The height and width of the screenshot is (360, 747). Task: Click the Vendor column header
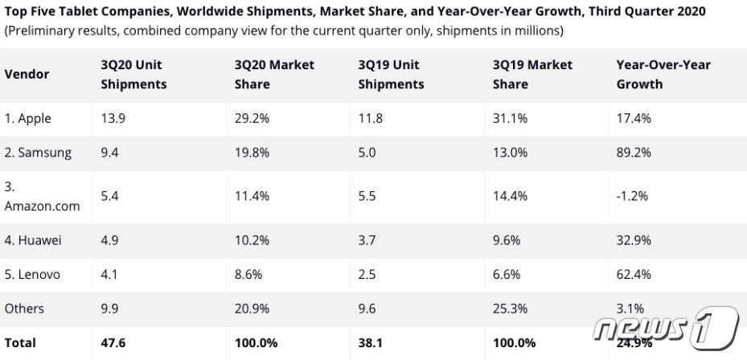27,74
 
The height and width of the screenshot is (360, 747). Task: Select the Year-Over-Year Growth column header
663,74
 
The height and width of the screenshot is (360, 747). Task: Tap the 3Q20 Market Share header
274,74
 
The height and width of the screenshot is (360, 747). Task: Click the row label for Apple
27,119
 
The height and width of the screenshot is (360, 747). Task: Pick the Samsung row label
38,153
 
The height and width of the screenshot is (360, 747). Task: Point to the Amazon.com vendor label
42,196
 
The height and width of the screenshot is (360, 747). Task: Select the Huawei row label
33,240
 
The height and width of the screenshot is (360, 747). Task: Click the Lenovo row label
32,274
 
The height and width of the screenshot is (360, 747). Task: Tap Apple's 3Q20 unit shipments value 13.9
113,119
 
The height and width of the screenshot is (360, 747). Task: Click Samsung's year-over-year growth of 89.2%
634,153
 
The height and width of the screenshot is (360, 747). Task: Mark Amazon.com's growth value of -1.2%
633,196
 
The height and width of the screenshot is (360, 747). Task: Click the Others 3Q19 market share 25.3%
511,309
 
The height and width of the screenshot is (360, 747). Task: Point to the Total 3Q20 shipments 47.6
113,343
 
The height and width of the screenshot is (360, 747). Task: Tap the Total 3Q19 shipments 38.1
371,343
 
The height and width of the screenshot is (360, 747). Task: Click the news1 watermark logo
666,329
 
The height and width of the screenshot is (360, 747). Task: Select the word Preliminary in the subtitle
38,31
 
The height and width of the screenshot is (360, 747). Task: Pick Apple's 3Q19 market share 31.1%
511,119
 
